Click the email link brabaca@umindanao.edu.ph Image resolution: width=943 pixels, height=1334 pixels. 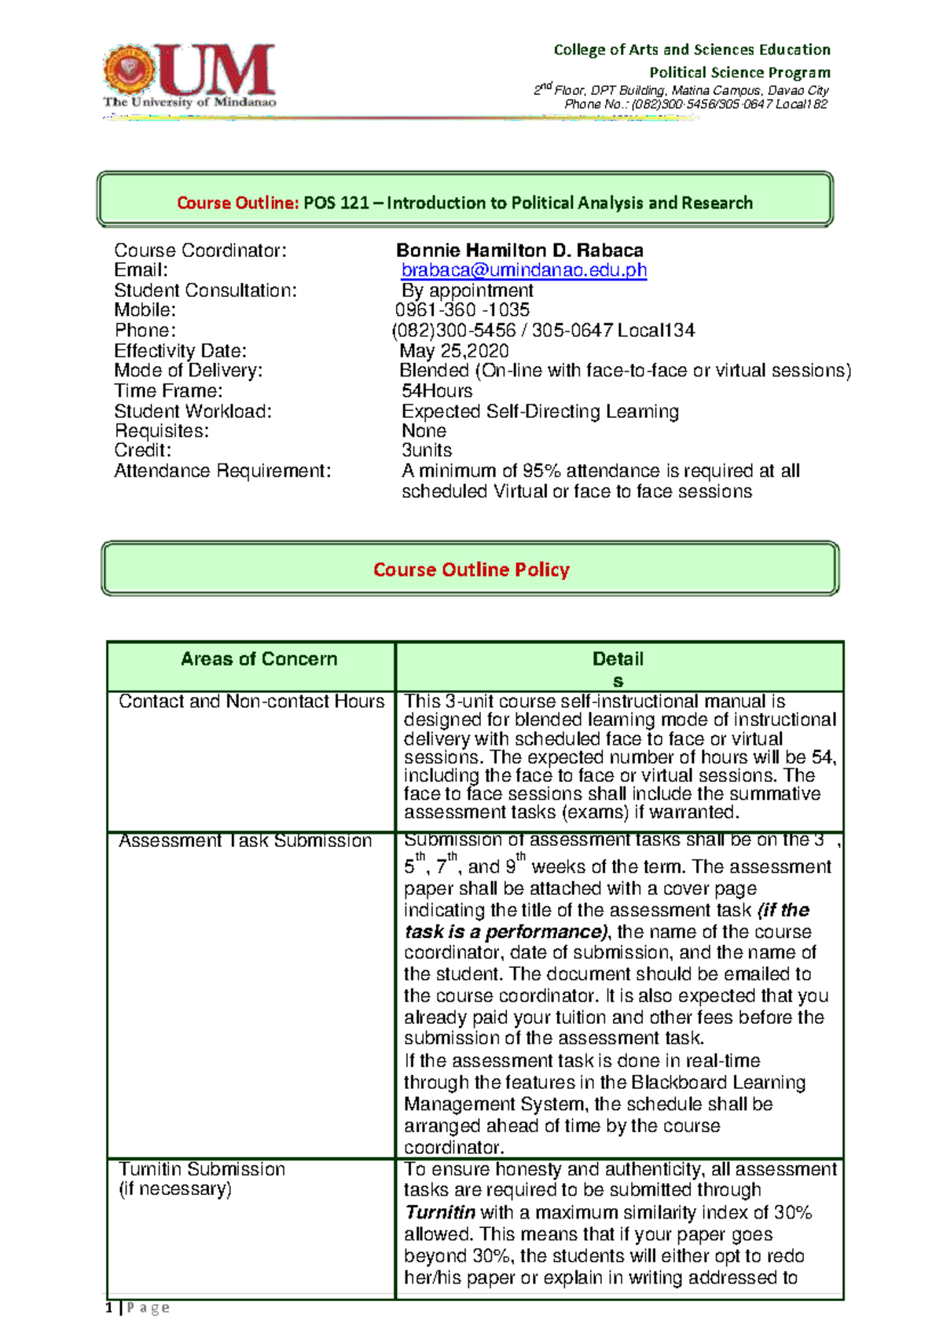(x=523, y=270)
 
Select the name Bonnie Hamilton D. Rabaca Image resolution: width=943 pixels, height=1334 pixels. (x=519, y=251)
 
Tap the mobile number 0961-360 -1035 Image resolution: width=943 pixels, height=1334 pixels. (x=462, y=310)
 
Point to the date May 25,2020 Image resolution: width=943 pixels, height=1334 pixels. (x=453, y=350)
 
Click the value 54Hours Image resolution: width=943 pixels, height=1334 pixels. (x=437, y=391)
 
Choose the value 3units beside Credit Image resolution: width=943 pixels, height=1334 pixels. (x=427, y=451)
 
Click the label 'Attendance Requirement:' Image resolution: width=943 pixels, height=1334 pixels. (x=222, y=471)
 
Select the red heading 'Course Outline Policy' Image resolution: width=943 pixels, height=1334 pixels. (x=471, y=570)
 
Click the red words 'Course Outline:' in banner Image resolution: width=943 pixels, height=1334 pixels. (x=237, y=203)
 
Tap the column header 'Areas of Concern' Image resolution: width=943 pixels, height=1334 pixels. (x=259, y=659)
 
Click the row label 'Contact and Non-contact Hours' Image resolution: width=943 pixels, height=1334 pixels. (x=251, y=702)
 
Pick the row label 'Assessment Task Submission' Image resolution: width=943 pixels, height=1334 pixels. (x=245, y=841)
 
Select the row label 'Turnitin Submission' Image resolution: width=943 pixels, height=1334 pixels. (x=202, y=1169)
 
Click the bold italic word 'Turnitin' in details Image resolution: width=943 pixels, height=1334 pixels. (x=439, y=1212)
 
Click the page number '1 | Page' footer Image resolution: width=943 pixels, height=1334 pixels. (x=138, y=1307)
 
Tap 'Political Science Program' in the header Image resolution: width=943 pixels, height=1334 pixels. (x=739, y=72)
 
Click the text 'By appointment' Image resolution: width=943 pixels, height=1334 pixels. (x=467, y=291)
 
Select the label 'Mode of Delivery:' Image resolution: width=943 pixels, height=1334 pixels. (x=189, y=371)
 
